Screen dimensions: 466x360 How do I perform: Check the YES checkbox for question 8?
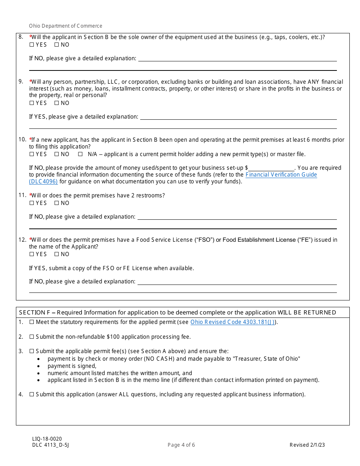pos(31,45)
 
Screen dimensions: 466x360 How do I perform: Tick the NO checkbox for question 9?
pos(56,103)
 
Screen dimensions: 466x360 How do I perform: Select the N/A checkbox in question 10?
pos(80,154)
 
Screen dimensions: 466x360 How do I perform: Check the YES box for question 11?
pos(31,203)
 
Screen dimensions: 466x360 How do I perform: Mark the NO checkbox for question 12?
pos(56,254)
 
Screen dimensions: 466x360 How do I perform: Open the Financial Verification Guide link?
pos(281,175)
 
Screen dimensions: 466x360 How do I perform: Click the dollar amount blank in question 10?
pos(271,168)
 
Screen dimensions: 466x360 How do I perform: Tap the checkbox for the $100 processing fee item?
pos(32,337)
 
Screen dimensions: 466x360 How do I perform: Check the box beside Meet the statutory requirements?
pos(32,322)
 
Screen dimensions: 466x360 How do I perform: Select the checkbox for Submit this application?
pos(32,394)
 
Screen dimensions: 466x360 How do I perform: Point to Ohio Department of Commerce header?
pos(66,26)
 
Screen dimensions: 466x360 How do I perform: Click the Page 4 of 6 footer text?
pos(181,445)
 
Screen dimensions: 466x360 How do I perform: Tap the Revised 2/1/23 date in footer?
pos(307,445)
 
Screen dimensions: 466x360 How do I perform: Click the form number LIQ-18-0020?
pos(47,439)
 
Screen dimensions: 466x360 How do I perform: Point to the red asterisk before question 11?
pos(30,195)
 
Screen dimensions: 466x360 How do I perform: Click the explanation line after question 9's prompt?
pos(238,117)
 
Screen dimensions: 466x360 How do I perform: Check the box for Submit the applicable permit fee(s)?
pos(32,351)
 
